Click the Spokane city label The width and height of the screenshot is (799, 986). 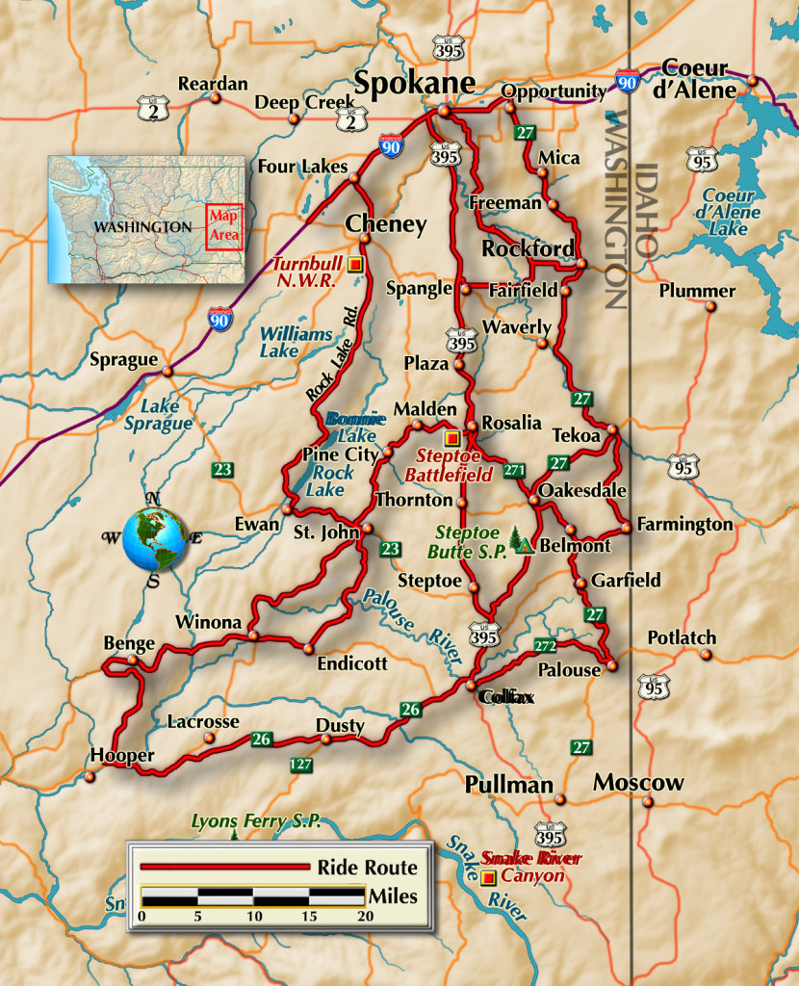pyautogui.click(x=415, y=83)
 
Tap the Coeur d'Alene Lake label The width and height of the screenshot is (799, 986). pyautogui.click(x=729, y=212)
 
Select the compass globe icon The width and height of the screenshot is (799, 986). pyautogui.click(x=154, y=539)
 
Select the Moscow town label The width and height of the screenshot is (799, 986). pyautogui.click(x=637, y=782)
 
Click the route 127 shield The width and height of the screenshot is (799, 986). pyautogui.click(x=300, y=765)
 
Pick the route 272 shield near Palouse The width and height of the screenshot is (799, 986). pyautogui.click(x=545, y=645)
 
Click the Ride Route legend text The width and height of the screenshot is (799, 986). pyautogui.click(x=367, y=868)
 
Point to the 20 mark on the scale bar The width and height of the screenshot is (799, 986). pyautogui.click(x=365, y=916)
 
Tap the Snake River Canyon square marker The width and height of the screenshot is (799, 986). pyautogui.click(x=488, y=877)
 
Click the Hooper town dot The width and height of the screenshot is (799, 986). pyautogui.click(x=90, y=776)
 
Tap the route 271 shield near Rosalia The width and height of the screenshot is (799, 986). pyautogui.click(x=514, y=470)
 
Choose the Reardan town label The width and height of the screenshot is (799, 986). pyautogui.click(x=212, y=84)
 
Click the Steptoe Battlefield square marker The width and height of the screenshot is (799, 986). pyautogui.click(x=451, y=438)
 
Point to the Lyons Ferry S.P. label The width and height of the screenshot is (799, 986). pyautogui.click(x=255, y=821)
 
